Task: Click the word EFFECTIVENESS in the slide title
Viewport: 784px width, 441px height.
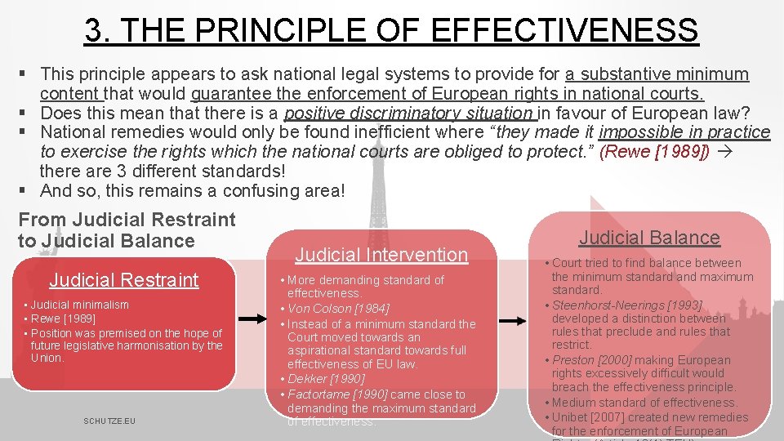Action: (x=563, y=31)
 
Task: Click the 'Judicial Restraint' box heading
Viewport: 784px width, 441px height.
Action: (x=124, y=280)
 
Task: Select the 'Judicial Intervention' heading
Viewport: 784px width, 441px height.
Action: (x=381, y=255)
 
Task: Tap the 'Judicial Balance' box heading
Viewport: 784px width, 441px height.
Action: (x=649, y=238)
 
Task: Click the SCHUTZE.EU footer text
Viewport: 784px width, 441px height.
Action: (x=109, y=421)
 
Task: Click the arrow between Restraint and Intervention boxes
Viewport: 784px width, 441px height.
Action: (x=256, y=322)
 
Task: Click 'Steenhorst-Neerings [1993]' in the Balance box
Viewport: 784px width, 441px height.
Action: (x=627, y=305)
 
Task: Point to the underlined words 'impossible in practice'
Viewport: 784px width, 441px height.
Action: (x=684, y=132)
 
